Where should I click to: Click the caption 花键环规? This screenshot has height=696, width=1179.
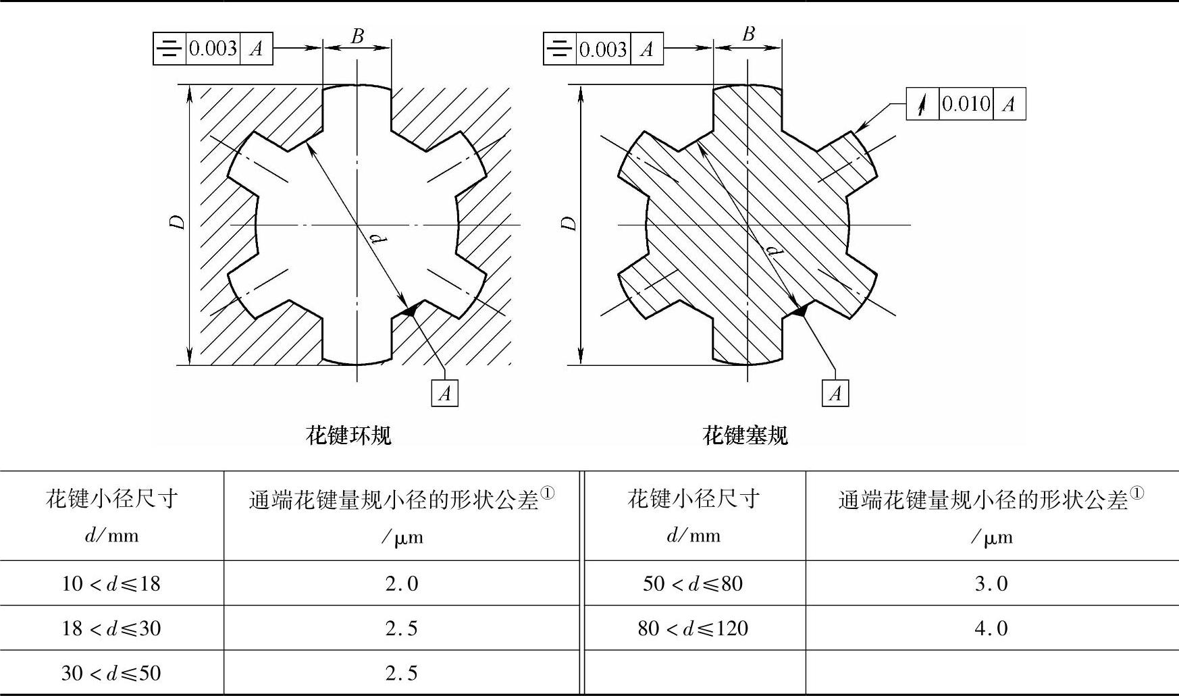click(x=348, y=435)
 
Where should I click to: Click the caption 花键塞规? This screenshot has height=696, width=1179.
click(x=745, y=435)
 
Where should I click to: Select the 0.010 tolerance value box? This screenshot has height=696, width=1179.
click(x=966, y=104)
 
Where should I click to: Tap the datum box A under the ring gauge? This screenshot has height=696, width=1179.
click(x=444, y=393)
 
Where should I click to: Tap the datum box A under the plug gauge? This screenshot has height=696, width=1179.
click(x=835, y=393)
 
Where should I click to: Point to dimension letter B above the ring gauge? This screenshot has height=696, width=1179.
click(x=357, y=36)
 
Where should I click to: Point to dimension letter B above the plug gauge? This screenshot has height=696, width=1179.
click(x=748, y=34)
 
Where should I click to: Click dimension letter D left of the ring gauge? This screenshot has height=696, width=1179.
click(x=178, y=222)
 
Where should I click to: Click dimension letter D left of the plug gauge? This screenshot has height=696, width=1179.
click(x=569, y=223)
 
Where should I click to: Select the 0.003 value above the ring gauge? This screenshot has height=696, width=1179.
click(x=213, y=49)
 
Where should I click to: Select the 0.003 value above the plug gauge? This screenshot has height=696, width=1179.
click(x=603, y=49)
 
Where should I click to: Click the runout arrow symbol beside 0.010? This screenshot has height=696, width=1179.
click(x=922, y=104)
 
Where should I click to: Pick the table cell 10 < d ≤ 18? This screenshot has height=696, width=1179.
click(x=111, y=583)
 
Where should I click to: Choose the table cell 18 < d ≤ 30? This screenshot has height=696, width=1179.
click(x=111, y=628)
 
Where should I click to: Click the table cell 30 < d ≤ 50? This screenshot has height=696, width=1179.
click(x=111, y=673)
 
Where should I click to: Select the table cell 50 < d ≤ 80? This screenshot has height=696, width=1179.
click(x=693, y=583)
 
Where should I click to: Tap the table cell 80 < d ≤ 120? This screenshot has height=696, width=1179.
click(x=693, y=628)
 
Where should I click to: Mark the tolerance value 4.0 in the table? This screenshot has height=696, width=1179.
click(x=991, y=628)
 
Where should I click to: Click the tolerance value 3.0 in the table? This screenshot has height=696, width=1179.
click(x=991, y=583)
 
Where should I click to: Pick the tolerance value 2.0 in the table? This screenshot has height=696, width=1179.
click(x=402, y=583)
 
